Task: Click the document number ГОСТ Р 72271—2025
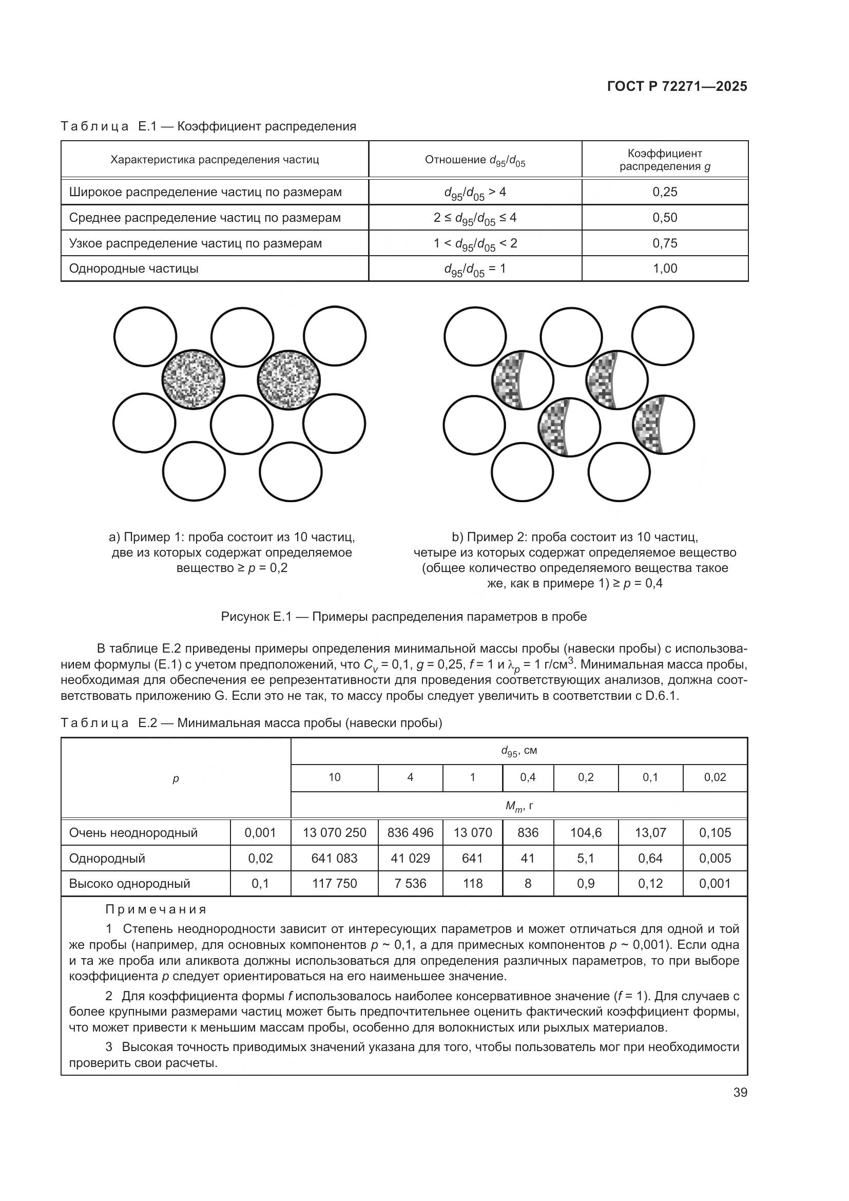click(x=677, y=86)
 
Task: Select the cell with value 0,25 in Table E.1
click(x=664, y=192)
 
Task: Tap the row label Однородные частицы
click(x=134, y=269)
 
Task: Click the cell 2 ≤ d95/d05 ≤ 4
click(x=475, y=218)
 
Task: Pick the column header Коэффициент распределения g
click(x=664, y=160)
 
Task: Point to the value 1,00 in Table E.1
click(x=664, y=269)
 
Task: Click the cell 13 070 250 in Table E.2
click(x=334, y=832)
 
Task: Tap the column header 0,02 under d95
click(x=715, y=777)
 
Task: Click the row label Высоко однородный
click(x=130, y=884)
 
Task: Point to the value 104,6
click(x=586, y=832)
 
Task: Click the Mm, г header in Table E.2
click(x=518, y=806)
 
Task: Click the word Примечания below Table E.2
click(x=156, y=909)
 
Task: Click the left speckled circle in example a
click(x=193, y=379)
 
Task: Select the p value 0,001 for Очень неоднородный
click(x=260, y=832)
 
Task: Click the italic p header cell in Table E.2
click(x=176, y=779)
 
